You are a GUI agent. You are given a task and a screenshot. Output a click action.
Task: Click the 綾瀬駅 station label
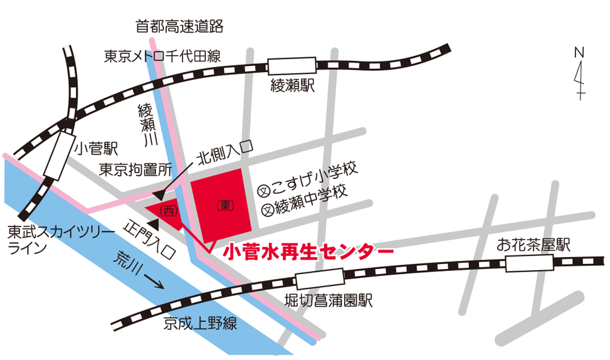292,86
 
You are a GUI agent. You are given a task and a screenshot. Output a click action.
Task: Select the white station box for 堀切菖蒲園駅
319,279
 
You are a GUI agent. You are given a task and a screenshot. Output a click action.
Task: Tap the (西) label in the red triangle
168,211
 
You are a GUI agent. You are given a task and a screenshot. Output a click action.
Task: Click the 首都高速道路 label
179,26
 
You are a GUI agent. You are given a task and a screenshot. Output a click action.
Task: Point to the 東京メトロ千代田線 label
162,56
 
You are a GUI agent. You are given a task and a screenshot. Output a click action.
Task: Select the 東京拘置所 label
135,169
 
